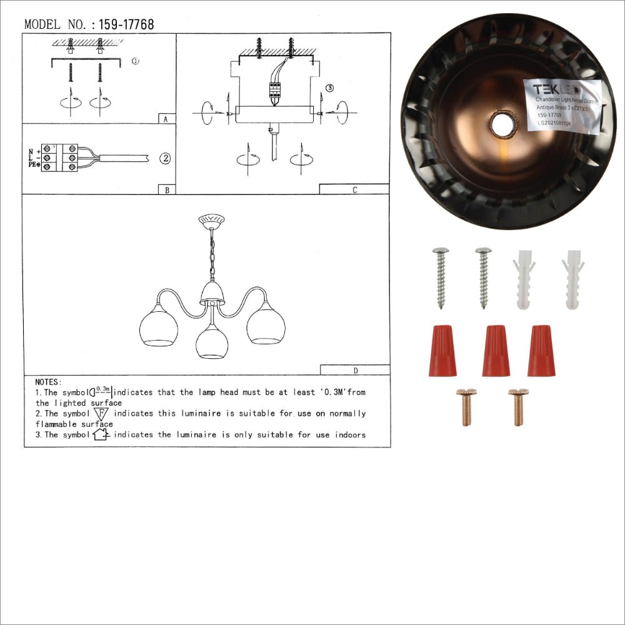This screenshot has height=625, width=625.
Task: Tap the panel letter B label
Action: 166,190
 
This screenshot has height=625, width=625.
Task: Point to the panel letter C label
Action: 354,190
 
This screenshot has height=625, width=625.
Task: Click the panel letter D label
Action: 355,370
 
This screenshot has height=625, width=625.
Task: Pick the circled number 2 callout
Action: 164,158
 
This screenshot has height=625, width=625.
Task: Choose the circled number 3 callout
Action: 330,88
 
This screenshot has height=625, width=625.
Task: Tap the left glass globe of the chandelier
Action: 159,326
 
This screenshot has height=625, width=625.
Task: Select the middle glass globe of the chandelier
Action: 212,341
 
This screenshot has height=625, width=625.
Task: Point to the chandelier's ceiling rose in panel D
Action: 211,220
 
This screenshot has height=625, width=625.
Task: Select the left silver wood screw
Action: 441,277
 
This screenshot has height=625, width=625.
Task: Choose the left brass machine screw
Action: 466,407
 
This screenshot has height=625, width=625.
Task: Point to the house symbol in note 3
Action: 101,434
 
